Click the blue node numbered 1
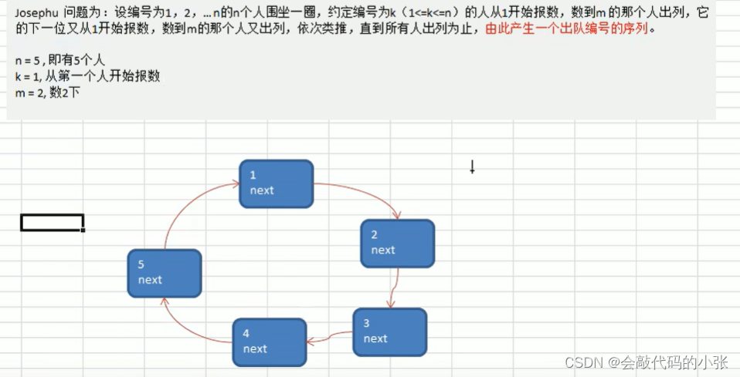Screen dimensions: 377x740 tap(276, 183)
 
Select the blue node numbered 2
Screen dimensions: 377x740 tap(397, 243)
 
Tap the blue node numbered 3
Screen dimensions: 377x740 tap(389, 332)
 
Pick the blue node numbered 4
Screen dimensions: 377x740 tap(269, 342)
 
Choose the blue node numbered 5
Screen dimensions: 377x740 tap(165, 273)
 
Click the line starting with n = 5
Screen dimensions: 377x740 tap(56, 60)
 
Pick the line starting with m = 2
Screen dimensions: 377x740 tap(47, 93)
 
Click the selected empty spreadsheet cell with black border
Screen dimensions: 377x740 tap(52, 223)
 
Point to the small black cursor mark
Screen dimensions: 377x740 tap(472, 167)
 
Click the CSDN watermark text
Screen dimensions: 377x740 tap(646, 362)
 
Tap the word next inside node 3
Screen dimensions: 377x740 tap(375, 338)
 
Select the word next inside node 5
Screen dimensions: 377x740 tap(150, 280)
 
